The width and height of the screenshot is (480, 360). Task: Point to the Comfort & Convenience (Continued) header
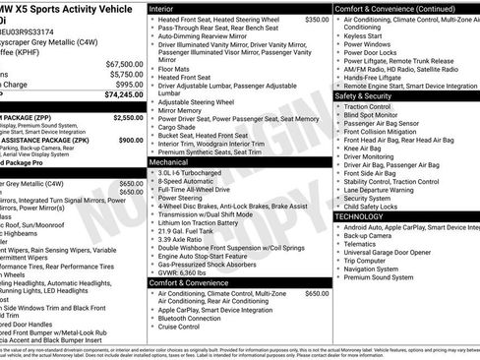click(386, 8)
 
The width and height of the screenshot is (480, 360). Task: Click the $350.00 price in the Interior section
click(317, 20)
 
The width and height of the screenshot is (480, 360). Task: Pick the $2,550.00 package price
click(128, 117)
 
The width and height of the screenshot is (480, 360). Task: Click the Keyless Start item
click(365, 35)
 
